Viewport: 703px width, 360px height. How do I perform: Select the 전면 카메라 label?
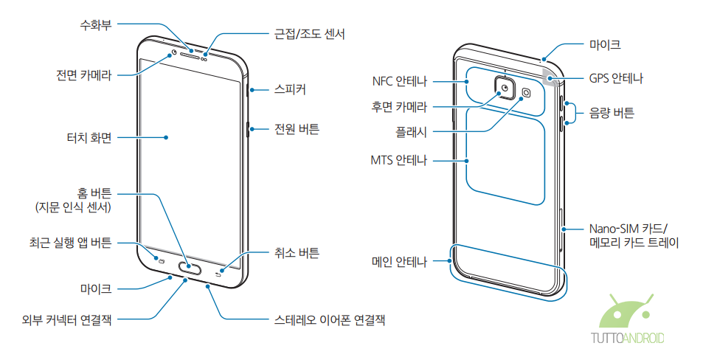coord(83,75)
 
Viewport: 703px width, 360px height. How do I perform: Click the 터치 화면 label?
coord(89,137)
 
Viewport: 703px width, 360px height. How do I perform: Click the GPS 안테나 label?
coord(616,77)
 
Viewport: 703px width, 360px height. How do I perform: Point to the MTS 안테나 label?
coord(399,159)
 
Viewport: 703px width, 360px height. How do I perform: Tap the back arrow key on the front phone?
coord(218,274)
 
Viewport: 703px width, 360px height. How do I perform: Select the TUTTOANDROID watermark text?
coord(628,339)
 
